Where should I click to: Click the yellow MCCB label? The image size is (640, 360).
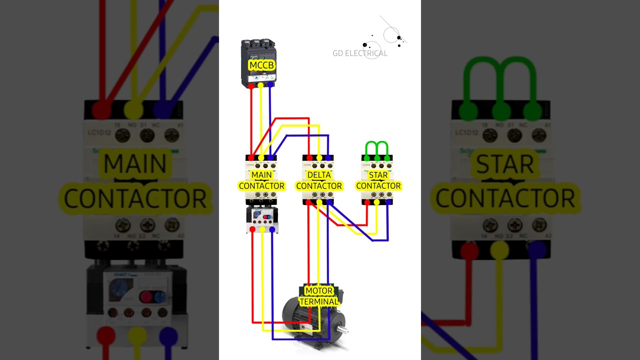tap(262, 65)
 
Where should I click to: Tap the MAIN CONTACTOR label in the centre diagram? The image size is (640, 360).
tap(261, 180)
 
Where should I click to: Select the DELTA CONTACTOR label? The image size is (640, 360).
tap(319, 180)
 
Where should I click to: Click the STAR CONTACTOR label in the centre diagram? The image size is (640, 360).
tap(378, 180)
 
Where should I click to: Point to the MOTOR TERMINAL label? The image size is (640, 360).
tap(319, 296)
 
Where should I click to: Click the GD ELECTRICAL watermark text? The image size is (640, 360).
tap(360, 53)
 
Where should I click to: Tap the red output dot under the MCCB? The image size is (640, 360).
tap(251, 86)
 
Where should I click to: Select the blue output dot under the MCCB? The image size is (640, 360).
tap(270, 85)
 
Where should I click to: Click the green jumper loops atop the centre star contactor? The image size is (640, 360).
tap(377, 147)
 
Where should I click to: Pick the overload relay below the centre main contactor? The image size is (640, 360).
tap(262, 218)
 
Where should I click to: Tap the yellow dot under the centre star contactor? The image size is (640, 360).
tap(376, 202)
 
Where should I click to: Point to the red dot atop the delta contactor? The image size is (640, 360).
tap(309, 158)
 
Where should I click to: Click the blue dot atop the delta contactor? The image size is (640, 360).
tap(328, 158)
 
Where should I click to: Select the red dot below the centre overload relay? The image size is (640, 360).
tap(252, 229)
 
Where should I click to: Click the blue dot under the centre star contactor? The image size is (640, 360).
tap(387, 202)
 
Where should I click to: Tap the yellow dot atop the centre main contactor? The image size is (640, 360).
tap(261, 158)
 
